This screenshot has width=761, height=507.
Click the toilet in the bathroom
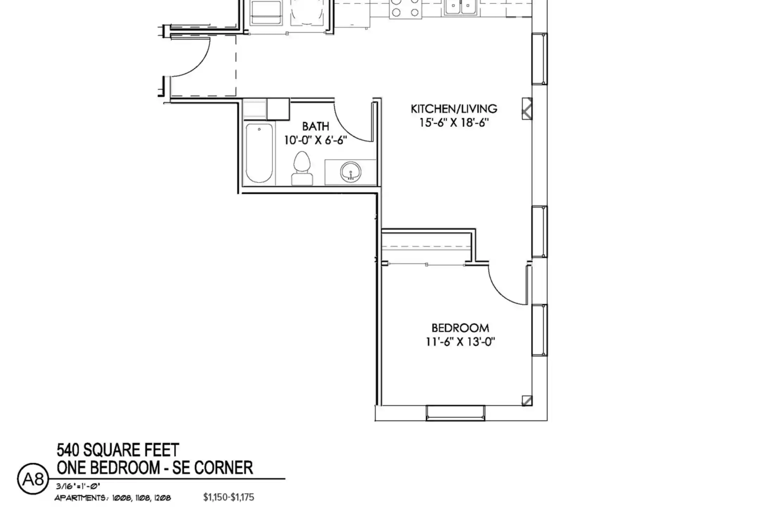pyautogui.click(x=302, y=168)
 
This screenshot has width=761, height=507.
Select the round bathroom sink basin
pyautogui.click(x=351, y=172)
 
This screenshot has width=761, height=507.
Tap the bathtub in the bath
pyautogui.click(x=259, y=153)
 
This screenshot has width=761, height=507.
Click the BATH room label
pyautogui.click(x=316, y=126)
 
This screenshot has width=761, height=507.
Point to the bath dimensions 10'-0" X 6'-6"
pyautogui.click(x=316, y=140)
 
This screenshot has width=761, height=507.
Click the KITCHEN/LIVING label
pyautogui.click(x=454, y=108)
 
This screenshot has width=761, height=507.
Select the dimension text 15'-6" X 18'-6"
pyautogui.click(x=454, y=123)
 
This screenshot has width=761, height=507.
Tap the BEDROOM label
pyautogui.click(x=460, y=328)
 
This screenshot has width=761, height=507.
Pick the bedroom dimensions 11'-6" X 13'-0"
pyautogui.click(x=460, y=342)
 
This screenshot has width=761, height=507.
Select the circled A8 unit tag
pyautogui.click(x=33, y=479)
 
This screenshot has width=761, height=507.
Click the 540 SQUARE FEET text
pyautogui.click(x=118, y=450)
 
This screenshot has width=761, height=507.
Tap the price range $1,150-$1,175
pyautogui.click(x=228, y=497)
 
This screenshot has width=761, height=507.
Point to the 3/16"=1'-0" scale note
pyautogui.click(x=78, y=486)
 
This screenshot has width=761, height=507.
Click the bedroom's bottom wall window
pyautogui.click(x=455, y=413)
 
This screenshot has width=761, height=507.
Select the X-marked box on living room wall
pyautogui.click(x=527, y=108)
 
